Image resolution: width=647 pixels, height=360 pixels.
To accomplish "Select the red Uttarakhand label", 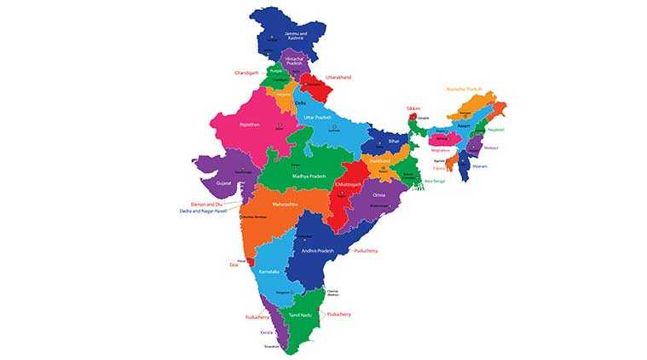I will point(338,77).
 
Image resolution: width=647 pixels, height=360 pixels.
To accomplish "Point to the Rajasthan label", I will point(249,124).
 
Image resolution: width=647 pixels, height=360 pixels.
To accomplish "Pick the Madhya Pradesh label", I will point(309,176).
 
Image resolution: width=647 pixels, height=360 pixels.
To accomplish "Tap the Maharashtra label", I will point(285,205).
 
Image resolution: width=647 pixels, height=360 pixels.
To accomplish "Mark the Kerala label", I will point(267,331).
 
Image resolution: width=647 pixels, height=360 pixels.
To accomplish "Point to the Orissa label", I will point(379,195).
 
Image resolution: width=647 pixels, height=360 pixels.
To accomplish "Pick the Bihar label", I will point(394,140).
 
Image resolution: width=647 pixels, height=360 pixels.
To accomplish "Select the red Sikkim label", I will point(413,108).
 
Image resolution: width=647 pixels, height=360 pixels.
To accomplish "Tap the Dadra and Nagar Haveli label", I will point(203,211).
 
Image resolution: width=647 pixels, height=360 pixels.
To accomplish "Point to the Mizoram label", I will point(480,166).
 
